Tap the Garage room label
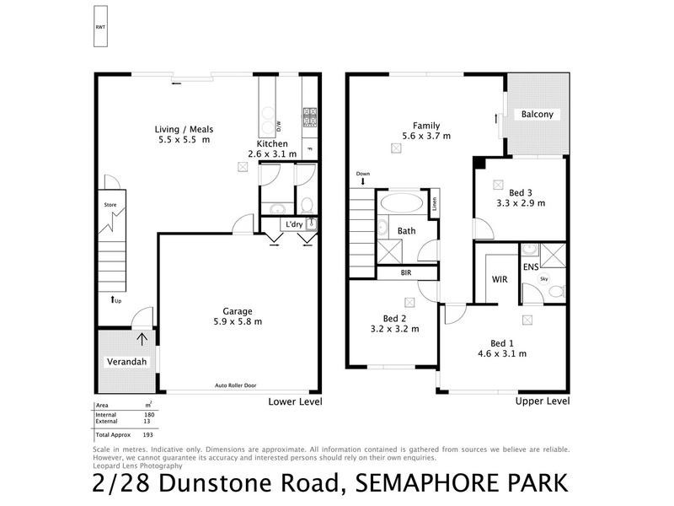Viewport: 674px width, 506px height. [237, 310]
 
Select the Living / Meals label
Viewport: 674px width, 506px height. [184, 129]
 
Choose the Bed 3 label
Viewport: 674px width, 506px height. [520, 192]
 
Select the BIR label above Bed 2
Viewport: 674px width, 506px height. [406, 273]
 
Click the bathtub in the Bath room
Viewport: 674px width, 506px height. [400, 204]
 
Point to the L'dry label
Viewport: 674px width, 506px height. [294, 224]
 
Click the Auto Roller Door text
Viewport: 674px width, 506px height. [236, 386]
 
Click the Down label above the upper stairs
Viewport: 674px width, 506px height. [362, 174]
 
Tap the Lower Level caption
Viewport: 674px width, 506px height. [295, 401]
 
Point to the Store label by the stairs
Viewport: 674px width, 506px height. [109, 205]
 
